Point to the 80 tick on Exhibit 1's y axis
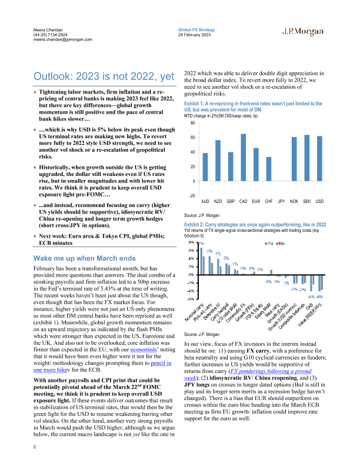[x=191, y=123]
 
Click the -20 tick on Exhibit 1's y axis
[x=191, y=196]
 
